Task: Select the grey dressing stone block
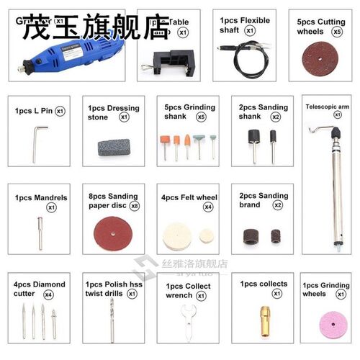coord(114,147)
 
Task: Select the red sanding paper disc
coord(114,235)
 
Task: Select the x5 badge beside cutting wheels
coord(336,33)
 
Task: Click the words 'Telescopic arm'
coord(328,106)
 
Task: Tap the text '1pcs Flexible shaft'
coord(245,24)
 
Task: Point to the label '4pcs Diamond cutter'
coord(37,289)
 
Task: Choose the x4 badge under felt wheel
coord(208,207)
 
